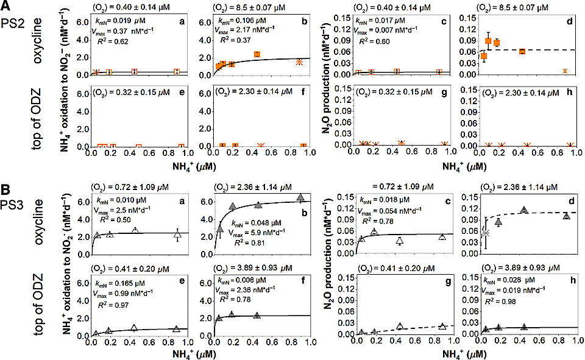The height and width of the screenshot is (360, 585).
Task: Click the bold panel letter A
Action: (6, 7)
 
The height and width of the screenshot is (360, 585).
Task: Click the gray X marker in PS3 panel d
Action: (485, 233)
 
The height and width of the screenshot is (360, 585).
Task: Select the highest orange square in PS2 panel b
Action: (257, 54)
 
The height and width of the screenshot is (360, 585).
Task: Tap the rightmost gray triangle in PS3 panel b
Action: (300, 197)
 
